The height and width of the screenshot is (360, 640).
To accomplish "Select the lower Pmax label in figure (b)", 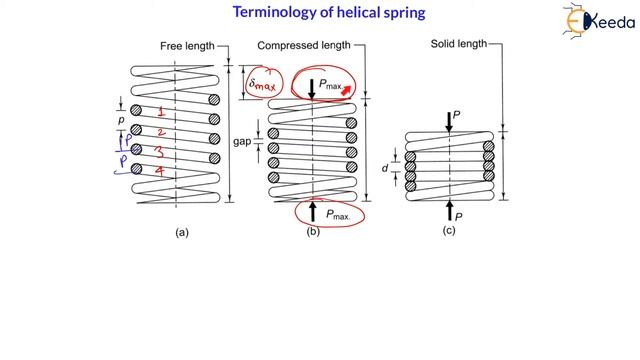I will click(334, 214).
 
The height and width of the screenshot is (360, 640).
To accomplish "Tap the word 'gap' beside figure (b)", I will click(243, 142).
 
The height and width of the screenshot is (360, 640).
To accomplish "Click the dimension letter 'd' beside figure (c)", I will click(385, 168).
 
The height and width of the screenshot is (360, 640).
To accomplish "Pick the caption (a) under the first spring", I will click(181, 233).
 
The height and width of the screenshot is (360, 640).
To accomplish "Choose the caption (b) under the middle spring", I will click(312, 233).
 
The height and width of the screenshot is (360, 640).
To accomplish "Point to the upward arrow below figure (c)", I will click(449, 210).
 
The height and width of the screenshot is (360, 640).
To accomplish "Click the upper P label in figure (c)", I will click(458, 115).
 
